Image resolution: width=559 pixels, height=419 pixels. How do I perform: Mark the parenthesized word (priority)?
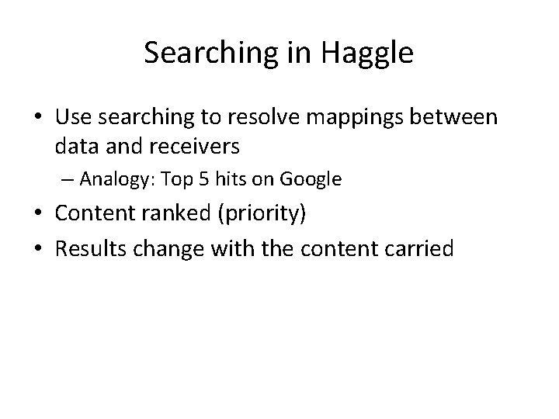pos(261,213)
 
